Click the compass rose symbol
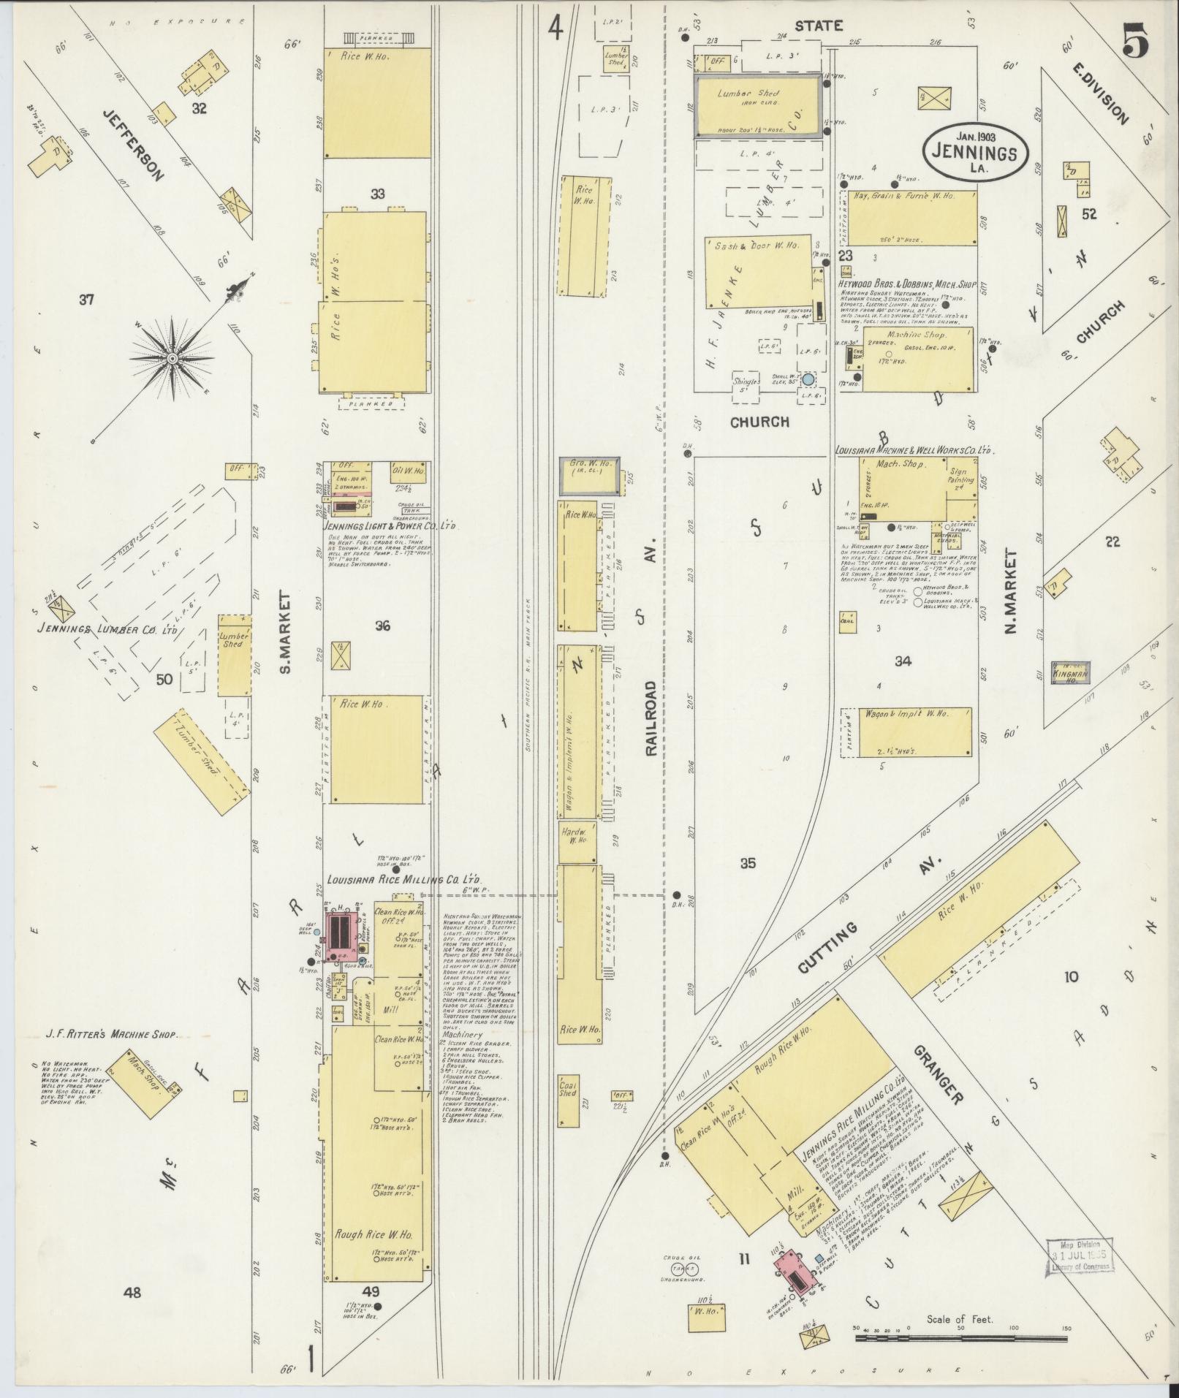tap(173, 358)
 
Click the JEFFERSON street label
tap(132, 144)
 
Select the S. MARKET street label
tap(285, 633)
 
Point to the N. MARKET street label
tap(1012, 590)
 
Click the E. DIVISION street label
tap(1101, 92)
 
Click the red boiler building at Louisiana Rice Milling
tap(341, 935)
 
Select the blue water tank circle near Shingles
tap(808, 379)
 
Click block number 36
tap(382, 626)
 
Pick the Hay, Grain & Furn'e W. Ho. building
tap(911, 218)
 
